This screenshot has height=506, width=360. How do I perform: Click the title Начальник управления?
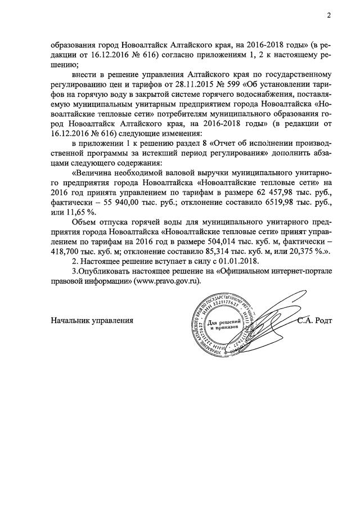(92, 320)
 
